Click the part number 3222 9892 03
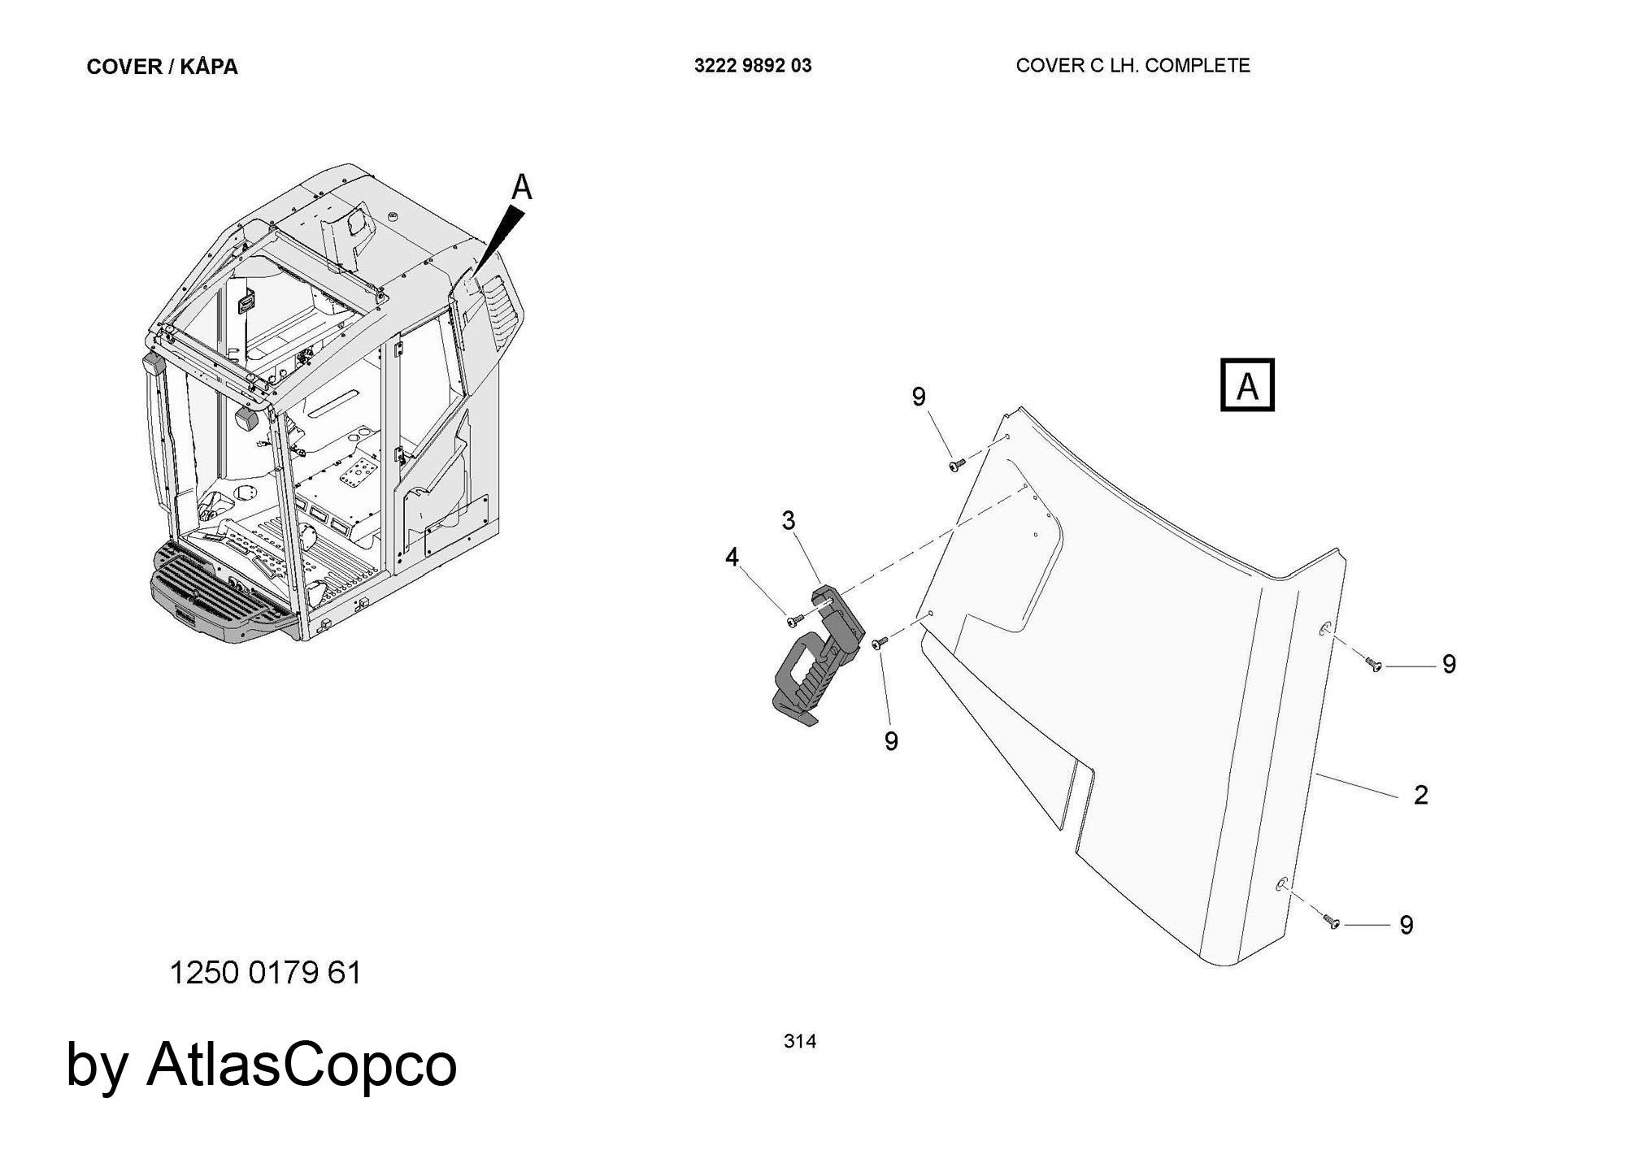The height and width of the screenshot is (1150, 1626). pos(753,66)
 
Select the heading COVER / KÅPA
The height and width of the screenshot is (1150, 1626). pos(162,67)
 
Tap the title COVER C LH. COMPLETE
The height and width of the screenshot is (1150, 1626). pos(1133,66)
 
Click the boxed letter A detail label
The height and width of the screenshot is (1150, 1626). pos(1247,384)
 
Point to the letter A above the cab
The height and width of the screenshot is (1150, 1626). pos(521,188)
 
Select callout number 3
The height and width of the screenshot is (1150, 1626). pos(788,520)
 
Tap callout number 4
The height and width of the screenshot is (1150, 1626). pos(732,557)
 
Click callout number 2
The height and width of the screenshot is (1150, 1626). pos(1420,795)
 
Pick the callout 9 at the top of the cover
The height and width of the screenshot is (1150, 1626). pos(919,397)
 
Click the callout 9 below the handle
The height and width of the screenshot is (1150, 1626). pos(891,741)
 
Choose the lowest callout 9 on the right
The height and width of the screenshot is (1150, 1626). pos(1406,925)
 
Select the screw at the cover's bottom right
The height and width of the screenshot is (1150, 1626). pos(1332,922)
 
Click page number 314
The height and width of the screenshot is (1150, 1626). pos(800,1041)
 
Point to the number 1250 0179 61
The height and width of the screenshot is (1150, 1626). pos(265,973)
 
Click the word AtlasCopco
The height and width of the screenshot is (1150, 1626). pos(302,1064)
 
